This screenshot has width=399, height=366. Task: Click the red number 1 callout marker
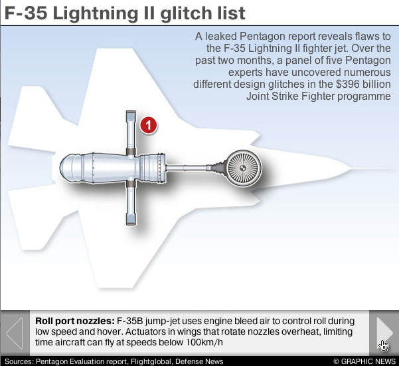(148, 125)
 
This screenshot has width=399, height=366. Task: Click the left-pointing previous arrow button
(15, 333)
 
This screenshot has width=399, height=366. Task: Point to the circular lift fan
(244, 168)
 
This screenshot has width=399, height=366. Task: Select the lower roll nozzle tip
(131, 220)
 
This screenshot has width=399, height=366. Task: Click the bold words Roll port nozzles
(75, 321)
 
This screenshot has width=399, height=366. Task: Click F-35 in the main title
(26, 13)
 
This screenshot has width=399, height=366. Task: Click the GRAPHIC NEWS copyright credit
(364, 361)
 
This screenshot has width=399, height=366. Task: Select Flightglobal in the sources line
(151, 361)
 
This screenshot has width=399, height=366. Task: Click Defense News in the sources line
(199, 361)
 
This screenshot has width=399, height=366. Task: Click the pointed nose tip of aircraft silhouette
(351, 168)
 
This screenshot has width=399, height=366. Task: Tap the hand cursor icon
(383, 345)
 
